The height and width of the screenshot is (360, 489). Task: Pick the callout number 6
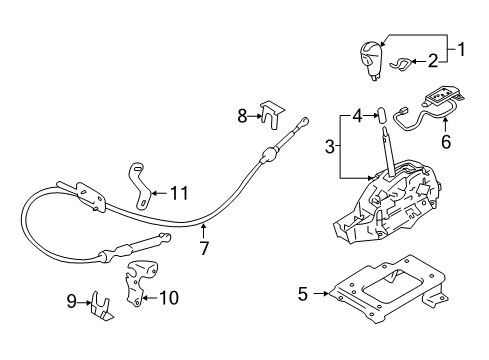446,142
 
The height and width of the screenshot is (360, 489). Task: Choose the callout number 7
203,246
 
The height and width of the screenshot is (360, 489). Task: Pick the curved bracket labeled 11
138,181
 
